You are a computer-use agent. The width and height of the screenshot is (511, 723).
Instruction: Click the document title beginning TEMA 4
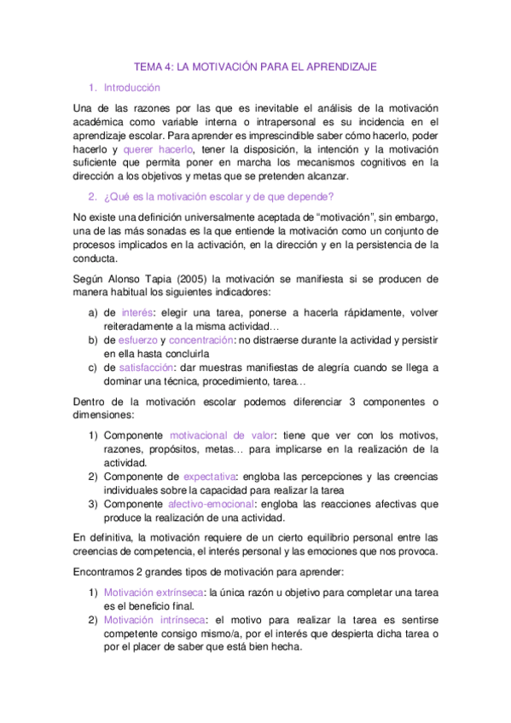pyautogui.click(x=256, y=66)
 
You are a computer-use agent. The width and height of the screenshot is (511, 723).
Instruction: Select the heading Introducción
pyautogui.click(x=131, y=87)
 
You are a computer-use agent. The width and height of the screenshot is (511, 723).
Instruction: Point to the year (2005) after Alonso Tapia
pyautogui.click(x=194, y=278)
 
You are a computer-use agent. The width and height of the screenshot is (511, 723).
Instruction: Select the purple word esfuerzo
pyautogui.click(x=138, y=339)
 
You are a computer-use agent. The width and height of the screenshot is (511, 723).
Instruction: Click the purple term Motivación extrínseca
pyautogui.click(x=154, y=593)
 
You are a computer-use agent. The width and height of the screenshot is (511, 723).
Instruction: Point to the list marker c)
pyautogui.click(x=94, y=367)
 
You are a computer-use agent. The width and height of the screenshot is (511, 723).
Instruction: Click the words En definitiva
pyautogui.click(x=103, y=537)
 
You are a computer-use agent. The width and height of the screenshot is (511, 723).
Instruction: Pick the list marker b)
pyautogui.click(x=94, y=339)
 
